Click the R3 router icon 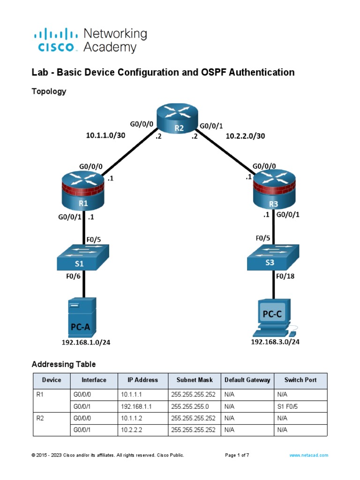tap(274, 192)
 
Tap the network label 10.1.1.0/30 tap(105, 135)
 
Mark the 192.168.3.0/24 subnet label tap(275, 342)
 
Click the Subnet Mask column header tap(195, 380)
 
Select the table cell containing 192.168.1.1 tap(140, 407)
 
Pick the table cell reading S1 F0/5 tap(287, 407)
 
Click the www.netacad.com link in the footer tap(309, 455)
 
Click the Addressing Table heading tap(63, 364)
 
